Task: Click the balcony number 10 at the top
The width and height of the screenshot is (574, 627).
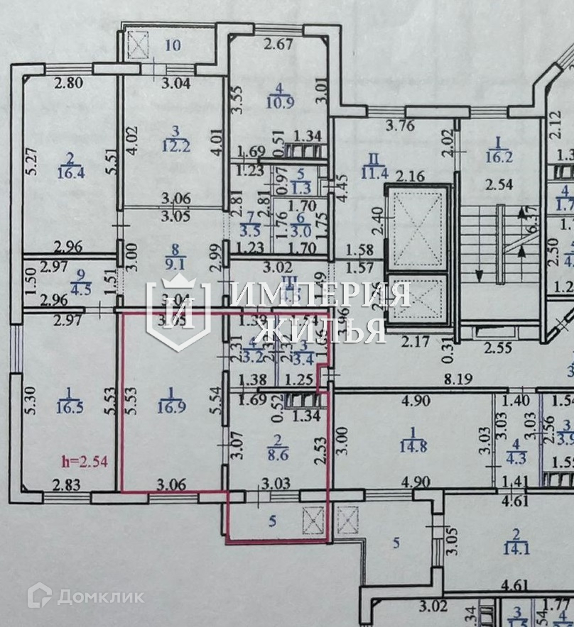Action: [x=172, y=46]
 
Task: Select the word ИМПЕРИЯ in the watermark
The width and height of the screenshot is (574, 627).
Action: [x=321, y=294]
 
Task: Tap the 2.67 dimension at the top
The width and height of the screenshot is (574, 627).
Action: [x=278, y=47]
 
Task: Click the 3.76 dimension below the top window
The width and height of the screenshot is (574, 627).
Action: [x=419, y=128]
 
